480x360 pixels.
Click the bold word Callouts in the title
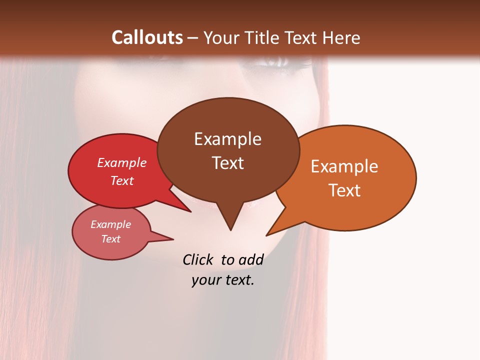147,37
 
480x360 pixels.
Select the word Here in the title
340,37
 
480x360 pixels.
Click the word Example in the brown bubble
227,139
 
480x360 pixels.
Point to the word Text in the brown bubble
227,162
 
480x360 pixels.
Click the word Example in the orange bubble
344,166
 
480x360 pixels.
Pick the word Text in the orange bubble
344,190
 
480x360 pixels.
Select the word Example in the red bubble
122,162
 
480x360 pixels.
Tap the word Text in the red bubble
122,180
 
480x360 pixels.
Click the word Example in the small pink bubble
111,224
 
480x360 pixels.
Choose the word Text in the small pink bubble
111,239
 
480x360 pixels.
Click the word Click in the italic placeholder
198,260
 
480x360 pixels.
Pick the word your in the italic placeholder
206,280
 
